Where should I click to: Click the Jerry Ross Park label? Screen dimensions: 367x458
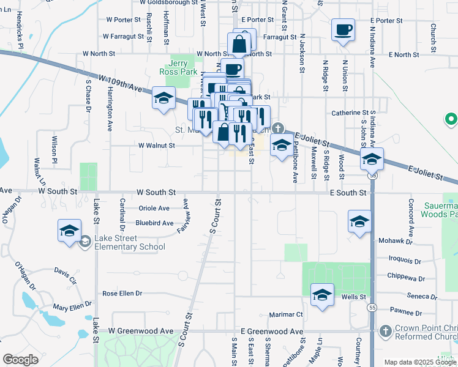[182, 67]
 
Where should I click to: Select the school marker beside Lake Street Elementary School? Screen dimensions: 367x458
[70, 231]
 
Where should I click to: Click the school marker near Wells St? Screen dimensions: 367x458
[322, 295]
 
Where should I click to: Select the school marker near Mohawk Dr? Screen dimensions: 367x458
[359, 221]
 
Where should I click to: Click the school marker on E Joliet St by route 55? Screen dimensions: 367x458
[372, 160]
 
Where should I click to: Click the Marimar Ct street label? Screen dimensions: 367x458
[286, 315]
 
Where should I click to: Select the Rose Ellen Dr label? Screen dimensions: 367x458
[122, 293]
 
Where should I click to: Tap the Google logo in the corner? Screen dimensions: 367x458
[20, 360]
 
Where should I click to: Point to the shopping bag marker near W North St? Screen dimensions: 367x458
[239, 45]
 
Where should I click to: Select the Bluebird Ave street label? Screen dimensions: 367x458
[154, 223]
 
